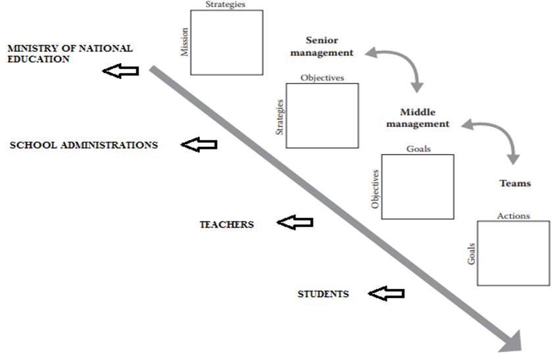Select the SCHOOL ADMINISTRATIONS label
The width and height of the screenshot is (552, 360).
point(84,145)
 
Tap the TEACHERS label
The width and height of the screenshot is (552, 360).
point(226,224)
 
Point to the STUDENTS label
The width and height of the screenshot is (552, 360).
point(322,294)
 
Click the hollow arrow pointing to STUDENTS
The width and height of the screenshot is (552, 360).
point(386,294)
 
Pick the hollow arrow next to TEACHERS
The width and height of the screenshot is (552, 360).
point(295,224)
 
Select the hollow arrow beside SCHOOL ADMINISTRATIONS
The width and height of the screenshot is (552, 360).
point(199,145)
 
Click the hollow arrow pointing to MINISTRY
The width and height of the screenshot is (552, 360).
point(121,71)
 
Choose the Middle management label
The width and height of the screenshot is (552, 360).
point(417,118)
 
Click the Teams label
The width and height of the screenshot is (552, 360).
point(514,183)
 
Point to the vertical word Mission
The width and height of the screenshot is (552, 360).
point(185,41)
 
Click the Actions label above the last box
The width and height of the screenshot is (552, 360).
point(513,216)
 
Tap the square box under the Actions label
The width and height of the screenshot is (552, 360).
point(513,253)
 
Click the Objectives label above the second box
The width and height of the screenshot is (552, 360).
point(322,78)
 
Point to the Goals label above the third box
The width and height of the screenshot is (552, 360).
point(418,149)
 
